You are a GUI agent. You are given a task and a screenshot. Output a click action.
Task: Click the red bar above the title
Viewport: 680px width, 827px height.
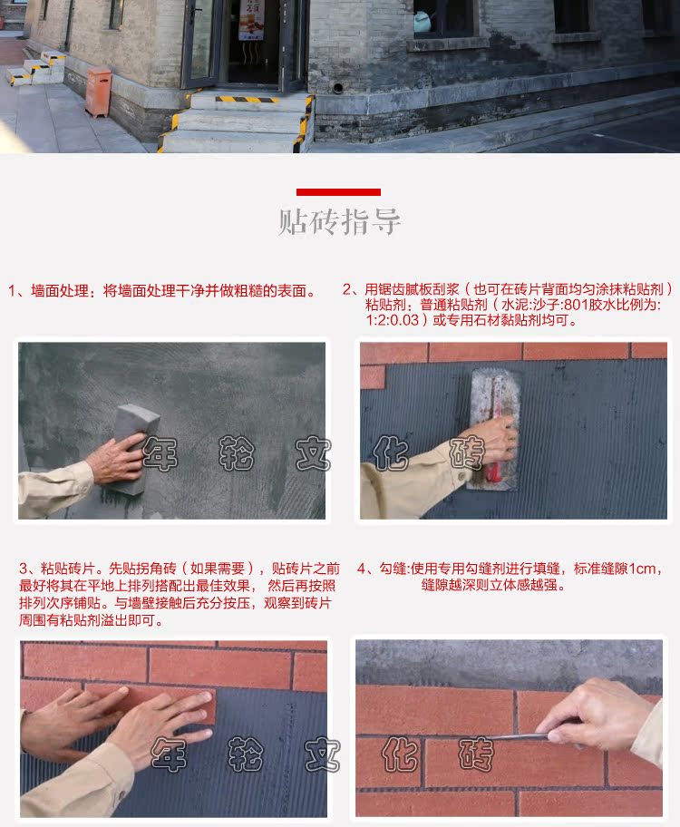pyautogui.click(x=338, y=192)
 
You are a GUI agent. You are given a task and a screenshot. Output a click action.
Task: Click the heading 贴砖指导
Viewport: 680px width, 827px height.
pyautogui.click(x=339, y=221)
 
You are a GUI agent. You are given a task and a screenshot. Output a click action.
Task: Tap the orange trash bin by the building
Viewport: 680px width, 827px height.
pyautogui.click(x=98, y=92)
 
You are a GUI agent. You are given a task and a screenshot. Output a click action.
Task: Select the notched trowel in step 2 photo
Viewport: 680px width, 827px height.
pyautogui.click(x=494, y=428)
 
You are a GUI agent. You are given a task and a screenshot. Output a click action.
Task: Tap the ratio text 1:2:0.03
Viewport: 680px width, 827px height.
pyautogui.click(x=393, y=320)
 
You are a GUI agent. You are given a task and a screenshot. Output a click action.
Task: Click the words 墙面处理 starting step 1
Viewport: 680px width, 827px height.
pyautogui.click(x=59, y=290)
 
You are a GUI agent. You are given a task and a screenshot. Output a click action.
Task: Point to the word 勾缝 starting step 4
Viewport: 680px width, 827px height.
pyautogui.click(x=393, y=569)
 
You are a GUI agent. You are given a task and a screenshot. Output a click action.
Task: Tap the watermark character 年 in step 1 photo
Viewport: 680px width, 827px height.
pyautogui.click(x=160, y=453)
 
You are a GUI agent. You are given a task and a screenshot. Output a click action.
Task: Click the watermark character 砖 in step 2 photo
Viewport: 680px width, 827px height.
pyautogui.click(x=466, y=452)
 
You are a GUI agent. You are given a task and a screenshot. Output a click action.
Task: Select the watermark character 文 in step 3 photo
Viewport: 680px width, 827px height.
pyautogui.click(x=322, y=754)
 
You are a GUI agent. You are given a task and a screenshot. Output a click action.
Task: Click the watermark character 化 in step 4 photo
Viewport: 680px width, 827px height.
pyautogui.click(x=399, y=754)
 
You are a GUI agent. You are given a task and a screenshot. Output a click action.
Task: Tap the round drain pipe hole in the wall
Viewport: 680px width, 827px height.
pyautogui.click(x=337, y=87)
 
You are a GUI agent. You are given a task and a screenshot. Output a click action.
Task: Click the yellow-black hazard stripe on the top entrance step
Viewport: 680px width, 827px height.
pyautogui.click(x=247, y=99)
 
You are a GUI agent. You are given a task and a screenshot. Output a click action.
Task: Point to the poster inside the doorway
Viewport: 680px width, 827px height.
pyautogui.click(x=251, y=20)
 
